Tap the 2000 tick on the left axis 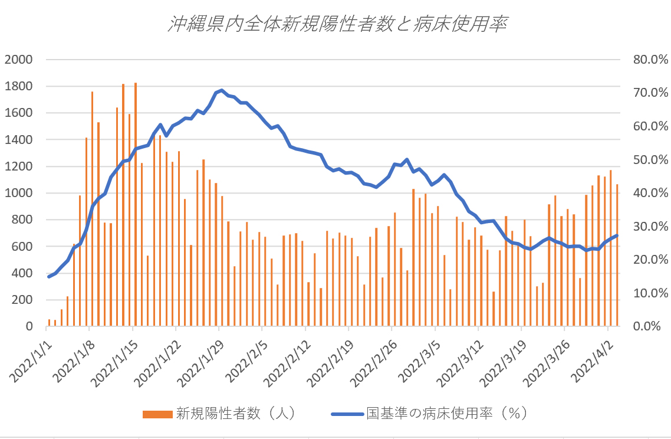point(19,60)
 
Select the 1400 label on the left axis point(19,140)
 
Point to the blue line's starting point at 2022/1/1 point(49,276)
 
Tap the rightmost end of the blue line point(617,235)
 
